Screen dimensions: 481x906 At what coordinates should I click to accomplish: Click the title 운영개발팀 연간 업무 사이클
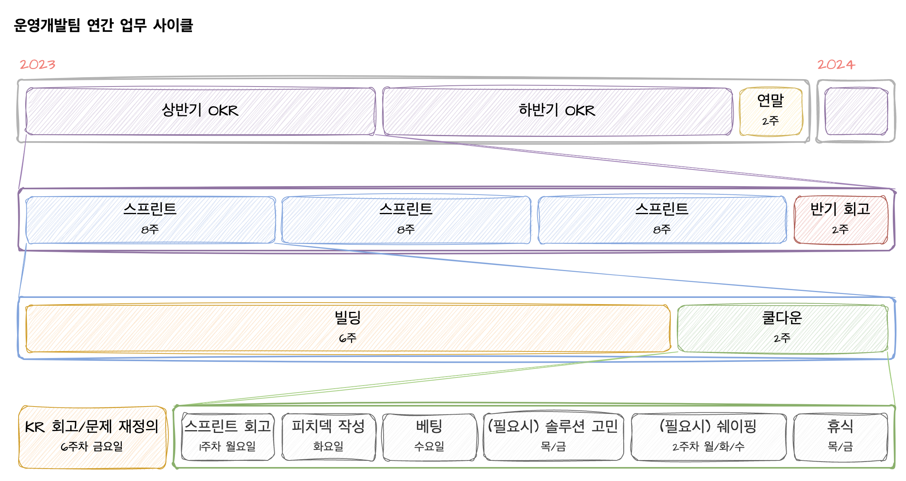point(103,26)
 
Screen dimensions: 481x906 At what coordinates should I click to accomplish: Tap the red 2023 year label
point(38,64)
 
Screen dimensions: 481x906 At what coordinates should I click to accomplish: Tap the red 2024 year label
point(836,64)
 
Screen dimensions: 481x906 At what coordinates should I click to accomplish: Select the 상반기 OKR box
point(200,111)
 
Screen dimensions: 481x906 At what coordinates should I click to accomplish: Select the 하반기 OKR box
point(557,111)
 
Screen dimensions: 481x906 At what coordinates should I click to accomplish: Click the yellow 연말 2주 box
point(771,111)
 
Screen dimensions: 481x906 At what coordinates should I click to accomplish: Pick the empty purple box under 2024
point(856,111)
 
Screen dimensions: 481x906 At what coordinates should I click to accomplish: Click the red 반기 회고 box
point(840,220)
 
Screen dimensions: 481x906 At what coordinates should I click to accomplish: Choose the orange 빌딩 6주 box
point(348,329)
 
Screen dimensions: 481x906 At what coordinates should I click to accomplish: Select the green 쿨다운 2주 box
point(782,329)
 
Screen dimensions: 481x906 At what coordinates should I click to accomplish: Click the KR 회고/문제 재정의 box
point(92,437)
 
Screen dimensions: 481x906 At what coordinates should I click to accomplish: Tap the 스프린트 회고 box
point(228,437)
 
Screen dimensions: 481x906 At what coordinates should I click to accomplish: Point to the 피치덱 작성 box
point(329,437)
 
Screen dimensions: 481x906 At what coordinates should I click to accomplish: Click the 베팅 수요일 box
point(429,437)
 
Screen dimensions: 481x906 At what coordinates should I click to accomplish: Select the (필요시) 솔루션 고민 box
point(553,437)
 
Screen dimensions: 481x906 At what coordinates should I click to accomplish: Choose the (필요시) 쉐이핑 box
point(709,437)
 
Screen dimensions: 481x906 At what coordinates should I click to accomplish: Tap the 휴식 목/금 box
point(840,437)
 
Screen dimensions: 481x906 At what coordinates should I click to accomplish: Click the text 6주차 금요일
point(92,447)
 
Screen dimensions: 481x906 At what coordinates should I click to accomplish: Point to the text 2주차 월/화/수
point(709,447)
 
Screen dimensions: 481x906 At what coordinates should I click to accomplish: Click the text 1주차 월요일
point(228,447)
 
